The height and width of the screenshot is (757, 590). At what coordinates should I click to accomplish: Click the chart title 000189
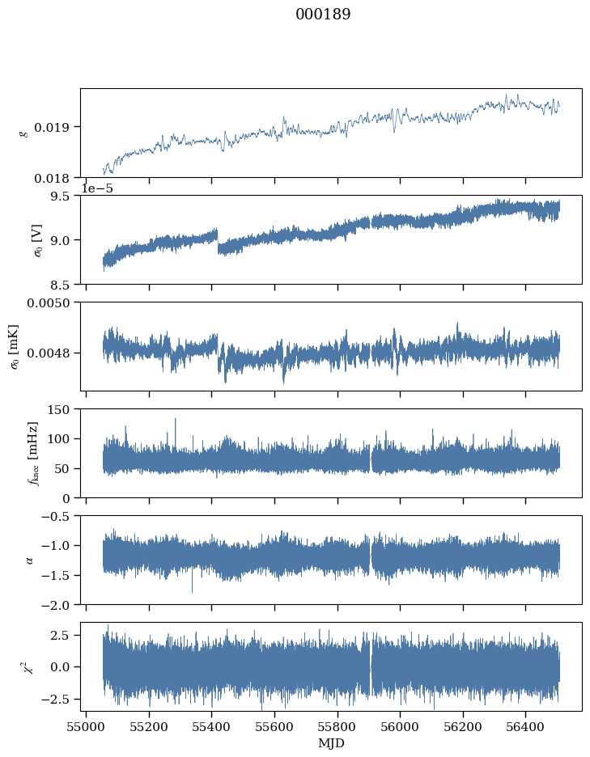click(323, 14)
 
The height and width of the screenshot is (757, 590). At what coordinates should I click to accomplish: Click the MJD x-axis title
click(332, 743)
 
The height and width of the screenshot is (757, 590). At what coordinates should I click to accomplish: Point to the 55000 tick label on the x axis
click(86, 726)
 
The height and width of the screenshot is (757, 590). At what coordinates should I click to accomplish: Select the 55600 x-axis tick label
click(274, 726)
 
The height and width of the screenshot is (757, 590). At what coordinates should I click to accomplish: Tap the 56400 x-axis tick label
click(526, 726)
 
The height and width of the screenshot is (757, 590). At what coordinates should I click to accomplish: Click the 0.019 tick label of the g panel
click(51, 128)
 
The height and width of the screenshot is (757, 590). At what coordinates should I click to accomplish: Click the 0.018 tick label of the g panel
click(51, 179)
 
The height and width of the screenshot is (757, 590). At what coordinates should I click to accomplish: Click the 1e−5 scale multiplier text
click(96, 188)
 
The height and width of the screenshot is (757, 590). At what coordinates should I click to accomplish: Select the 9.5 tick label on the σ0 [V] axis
click(60, 196)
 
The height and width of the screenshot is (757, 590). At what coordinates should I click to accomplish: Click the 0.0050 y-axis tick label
click(48, 302)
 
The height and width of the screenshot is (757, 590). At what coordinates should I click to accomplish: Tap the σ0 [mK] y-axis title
click(15, 347)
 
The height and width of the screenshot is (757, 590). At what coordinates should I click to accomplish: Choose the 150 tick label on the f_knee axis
click(58, 409)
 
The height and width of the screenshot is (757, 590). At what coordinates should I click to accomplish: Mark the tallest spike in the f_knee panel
click(175, 420)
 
